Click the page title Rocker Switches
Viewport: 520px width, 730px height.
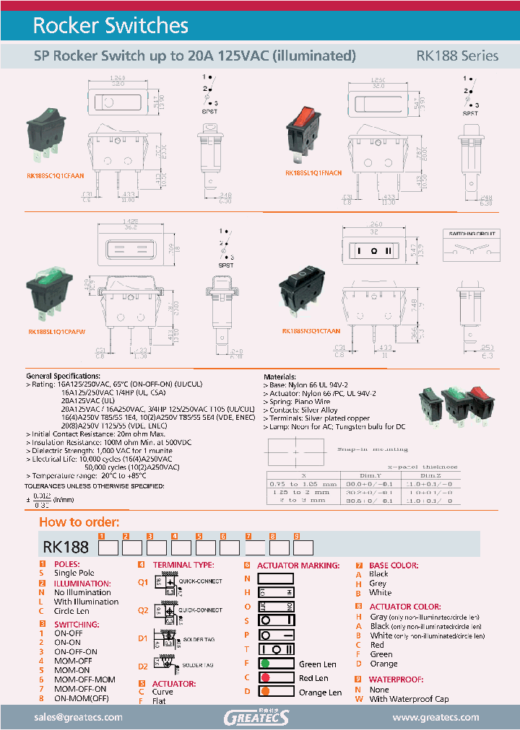coord(110,26)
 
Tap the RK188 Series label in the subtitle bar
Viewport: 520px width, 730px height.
coord(456,56)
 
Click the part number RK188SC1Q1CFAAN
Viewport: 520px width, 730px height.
coord(55,175)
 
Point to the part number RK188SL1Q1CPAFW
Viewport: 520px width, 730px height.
coord(56,333)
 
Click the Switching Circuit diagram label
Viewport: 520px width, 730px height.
coord(467,234)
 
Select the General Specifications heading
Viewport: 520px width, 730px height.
coord(63,377)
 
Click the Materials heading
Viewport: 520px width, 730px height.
coord(279,377)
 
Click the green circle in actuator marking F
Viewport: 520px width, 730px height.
coord(266,664)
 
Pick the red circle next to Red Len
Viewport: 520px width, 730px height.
coord(266,678)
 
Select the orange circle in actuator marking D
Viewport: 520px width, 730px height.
coord(266,692)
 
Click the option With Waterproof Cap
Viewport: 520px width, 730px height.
coord(409,698)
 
